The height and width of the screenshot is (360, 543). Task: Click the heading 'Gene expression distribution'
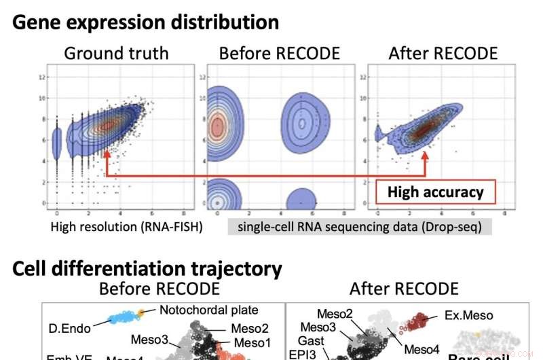point(146,22)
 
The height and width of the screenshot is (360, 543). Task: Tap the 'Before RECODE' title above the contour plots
point(279,53)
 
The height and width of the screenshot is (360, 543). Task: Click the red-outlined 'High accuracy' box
point(436,192)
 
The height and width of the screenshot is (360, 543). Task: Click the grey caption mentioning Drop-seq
point(360,227)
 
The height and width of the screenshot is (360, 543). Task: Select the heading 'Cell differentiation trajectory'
point(147,268)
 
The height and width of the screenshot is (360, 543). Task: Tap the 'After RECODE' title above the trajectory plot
point(404,289)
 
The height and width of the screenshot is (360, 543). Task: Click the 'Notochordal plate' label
point(210,310)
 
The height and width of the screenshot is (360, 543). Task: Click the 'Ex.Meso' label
point(470,315)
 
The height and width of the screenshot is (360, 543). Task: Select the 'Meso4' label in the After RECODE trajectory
point(422,349)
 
